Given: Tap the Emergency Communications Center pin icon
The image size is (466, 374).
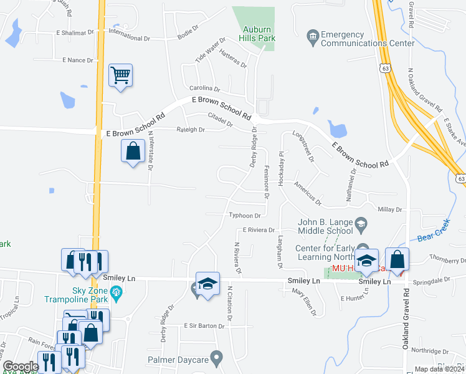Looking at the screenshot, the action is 312,36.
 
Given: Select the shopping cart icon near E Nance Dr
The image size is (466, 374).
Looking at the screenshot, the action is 120,75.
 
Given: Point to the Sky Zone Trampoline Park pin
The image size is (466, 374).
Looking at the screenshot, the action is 116,291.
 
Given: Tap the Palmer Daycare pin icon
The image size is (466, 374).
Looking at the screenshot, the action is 216,358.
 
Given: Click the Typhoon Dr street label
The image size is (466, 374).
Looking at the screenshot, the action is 249,216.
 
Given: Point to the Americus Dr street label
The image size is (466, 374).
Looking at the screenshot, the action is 308,198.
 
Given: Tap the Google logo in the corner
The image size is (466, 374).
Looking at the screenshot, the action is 20,367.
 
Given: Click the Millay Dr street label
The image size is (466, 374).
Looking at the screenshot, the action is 391,210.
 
